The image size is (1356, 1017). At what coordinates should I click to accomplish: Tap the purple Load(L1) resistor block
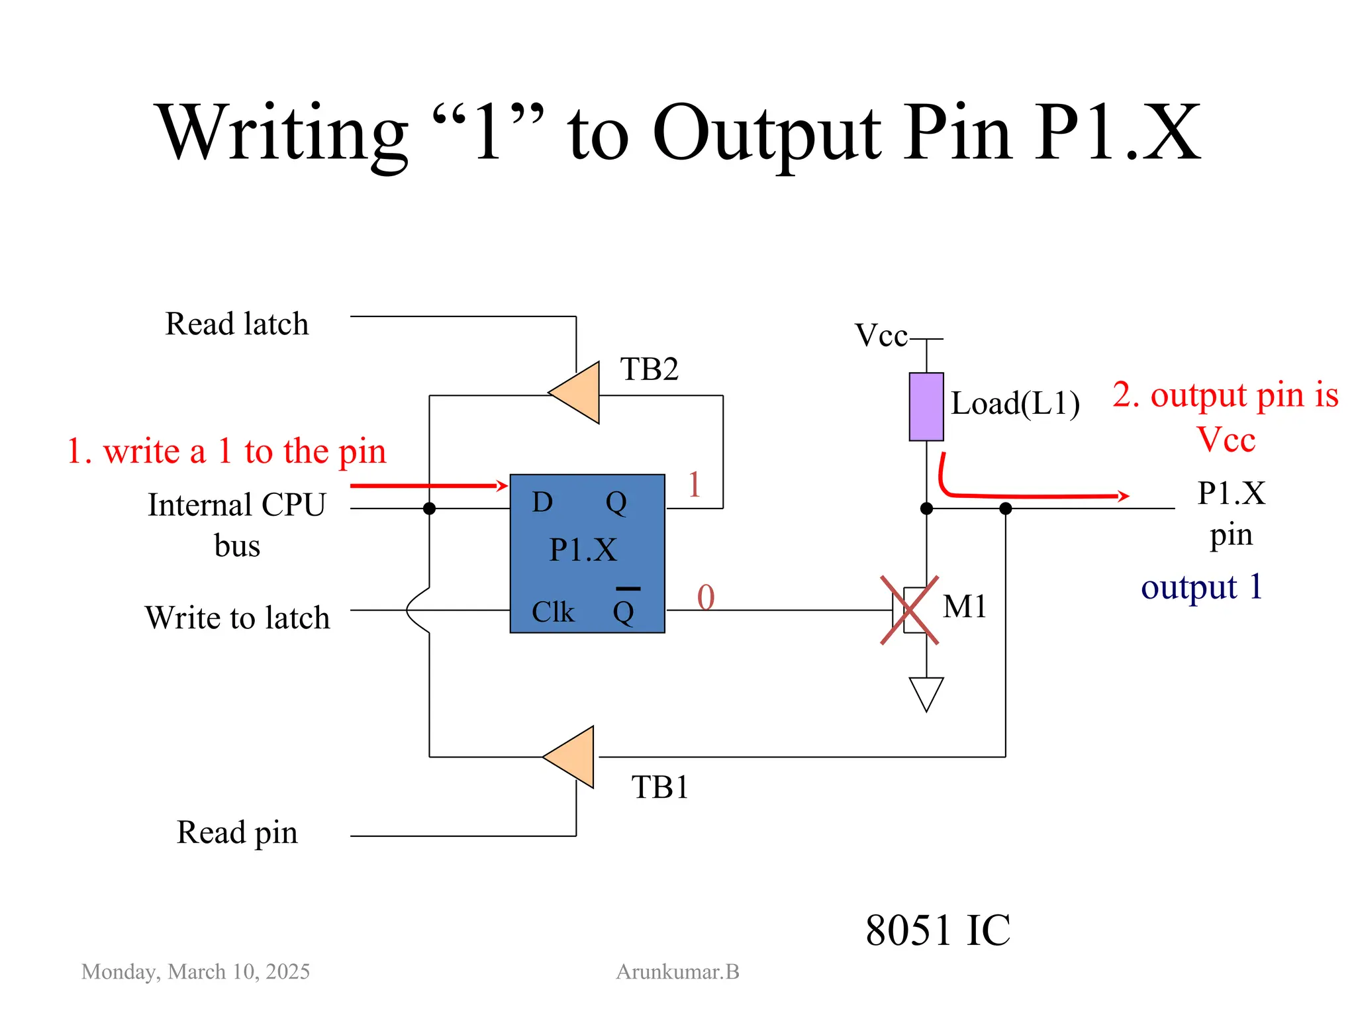pos(926,407)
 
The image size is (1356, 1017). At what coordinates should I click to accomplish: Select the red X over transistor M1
pos(909,610)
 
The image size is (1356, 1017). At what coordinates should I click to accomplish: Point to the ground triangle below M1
pos(926,692)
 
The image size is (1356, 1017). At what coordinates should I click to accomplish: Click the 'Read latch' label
pos(236,324)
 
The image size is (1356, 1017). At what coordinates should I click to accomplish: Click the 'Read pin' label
pos(236,833)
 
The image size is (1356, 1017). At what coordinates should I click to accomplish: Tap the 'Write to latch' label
pos(237,618)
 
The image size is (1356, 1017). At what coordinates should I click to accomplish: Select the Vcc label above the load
pos(881,336)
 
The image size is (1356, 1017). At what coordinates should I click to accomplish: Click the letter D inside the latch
pos(542,503)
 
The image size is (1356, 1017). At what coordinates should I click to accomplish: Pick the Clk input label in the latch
pos(552,612)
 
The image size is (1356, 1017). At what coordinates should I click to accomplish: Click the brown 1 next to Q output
pos(694,485)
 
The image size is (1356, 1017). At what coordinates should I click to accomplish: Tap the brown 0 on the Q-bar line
pos(706,597)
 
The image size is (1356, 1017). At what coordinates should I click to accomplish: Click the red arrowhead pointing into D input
pos(502,486)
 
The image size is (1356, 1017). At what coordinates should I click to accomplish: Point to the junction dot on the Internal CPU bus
pos(429,508)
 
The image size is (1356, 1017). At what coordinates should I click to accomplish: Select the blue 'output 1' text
pos(1202,587)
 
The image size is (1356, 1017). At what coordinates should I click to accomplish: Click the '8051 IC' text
pos(938,930)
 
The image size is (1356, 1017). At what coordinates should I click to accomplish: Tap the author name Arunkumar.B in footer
pos(677,972)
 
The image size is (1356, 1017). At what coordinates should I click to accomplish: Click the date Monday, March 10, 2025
pos(195,972)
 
